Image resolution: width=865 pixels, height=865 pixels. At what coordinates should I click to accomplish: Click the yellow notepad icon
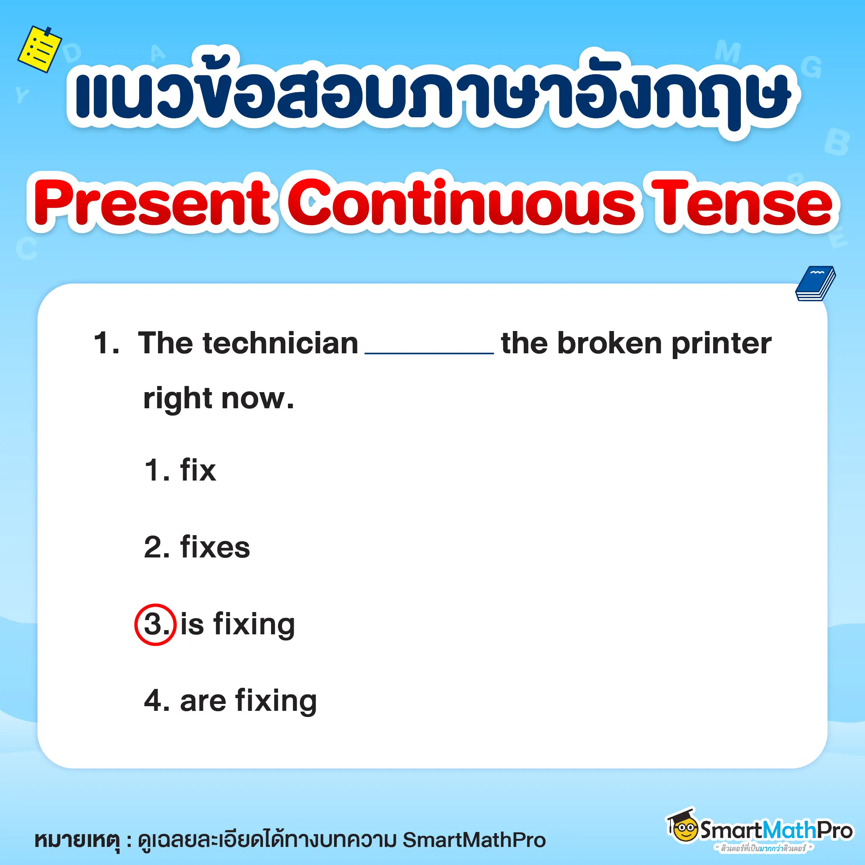[39, 49]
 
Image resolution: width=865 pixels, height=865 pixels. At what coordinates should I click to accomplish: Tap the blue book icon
[815, 283]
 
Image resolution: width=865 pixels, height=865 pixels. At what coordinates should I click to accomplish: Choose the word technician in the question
[280, 343]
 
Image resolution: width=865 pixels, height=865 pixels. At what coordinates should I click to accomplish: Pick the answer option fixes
[215, 547]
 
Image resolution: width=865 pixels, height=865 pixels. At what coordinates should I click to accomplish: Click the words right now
[218, 398]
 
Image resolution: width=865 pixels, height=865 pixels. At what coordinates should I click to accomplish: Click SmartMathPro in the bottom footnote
[474, 840]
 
